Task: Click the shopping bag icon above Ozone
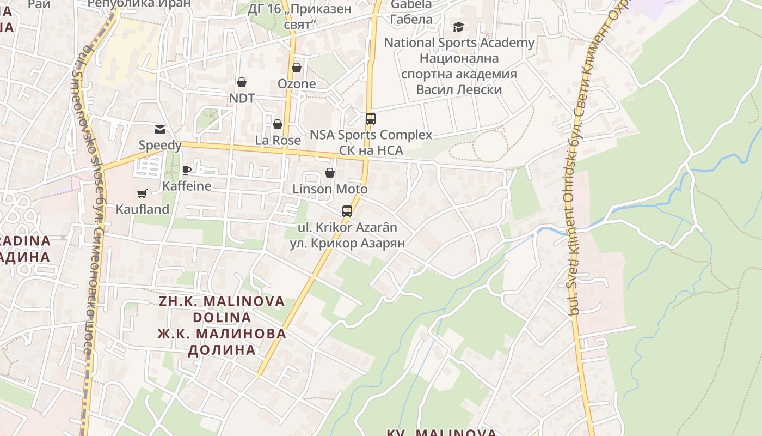click(297, 68)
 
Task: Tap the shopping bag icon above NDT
click(242, 82)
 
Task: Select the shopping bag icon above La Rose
click(278, 124)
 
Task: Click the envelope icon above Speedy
click(160, 129)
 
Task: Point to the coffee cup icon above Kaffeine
click(187, 170)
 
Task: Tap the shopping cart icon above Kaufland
click(142, 193)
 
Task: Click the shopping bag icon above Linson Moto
click(330, 173)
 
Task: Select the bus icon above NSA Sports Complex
click(371, 118)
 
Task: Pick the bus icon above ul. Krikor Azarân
click(347, 211)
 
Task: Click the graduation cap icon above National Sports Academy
click(459, 27)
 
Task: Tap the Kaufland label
click(143, 209)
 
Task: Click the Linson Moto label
click(330, 189)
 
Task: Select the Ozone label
click(297, 83)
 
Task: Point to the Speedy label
click(160, 145)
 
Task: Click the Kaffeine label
click(187, 186)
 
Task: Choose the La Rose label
click(278, 140)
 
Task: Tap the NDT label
click(242, 98)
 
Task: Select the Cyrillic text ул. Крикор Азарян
click(347, 243)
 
